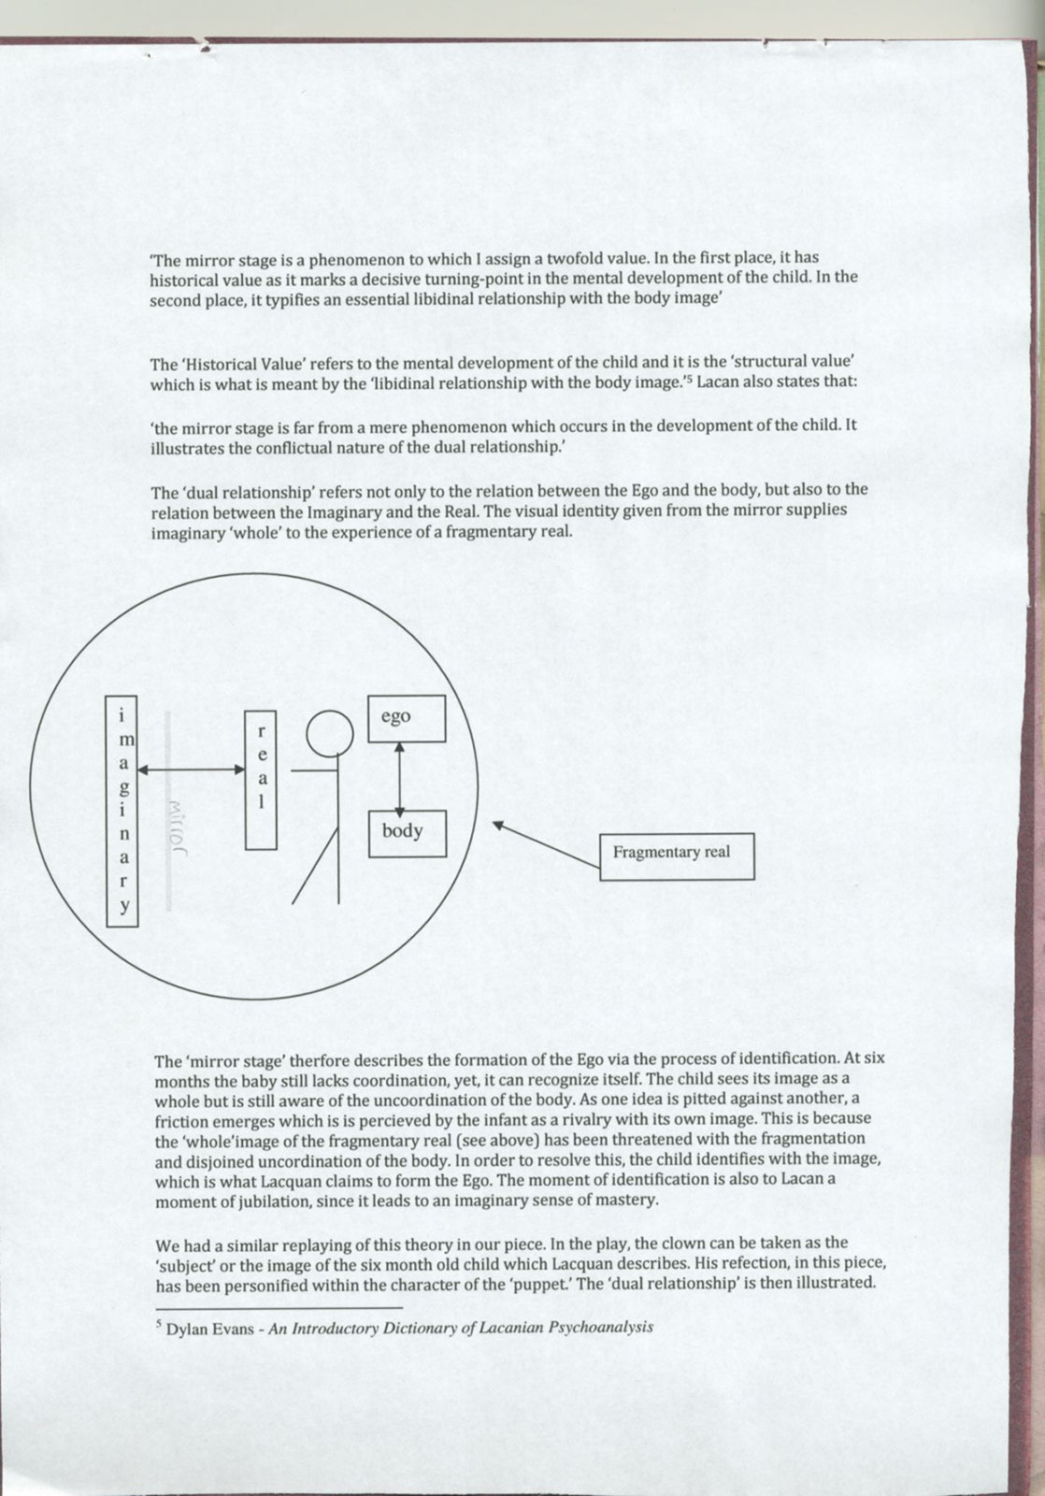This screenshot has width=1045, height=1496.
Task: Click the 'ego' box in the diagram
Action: click(x=406, y=718)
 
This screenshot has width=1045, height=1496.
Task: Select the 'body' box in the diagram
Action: click(x=407, y=833)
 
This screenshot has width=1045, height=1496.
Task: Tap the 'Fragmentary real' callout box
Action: click(x=676, y=856)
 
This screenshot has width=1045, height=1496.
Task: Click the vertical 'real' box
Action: click(x=261, y=780)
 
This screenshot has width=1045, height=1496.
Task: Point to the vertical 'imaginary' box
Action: click(x=122, y=811)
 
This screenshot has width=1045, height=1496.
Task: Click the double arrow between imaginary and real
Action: click(x=191, y=769)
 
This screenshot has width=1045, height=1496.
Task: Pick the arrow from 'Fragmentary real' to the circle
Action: click(x=547, y=845)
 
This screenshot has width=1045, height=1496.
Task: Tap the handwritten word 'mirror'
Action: click(x=176, y=827)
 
